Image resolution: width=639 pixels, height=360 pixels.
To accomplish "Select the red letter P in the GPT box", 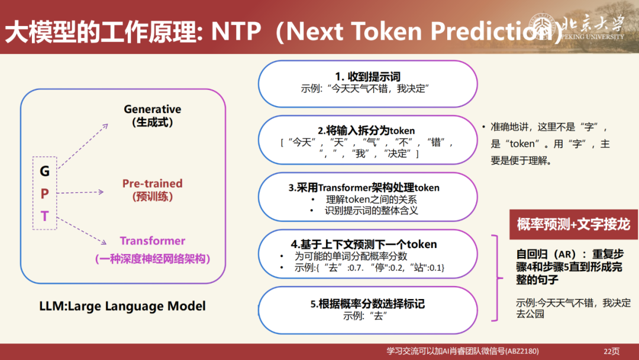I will pyautogui.click(x=45, y=194).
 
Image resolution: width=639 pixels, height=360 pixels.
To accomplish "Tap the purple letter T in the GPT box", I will pyautogui.click(x=45, y=217).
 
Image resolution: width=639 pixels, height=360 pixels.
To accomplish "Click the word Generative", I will pyautogui.click(x=152, y=110).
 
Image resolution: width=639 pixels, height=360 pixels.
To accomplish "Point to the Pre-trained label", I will pyautogui.click(x=152, y=184).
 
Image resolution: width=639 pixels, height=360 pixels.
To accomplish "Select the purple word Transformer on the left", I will pyautogui.click(x=152, y=241).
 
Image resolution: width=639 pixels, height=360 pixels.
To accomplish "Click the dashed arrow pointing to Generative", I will pyautogui.click(x=83, y=146).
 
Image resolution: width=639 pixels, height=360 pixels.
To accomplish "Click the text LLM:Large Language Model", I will pyautogui.click(x=122, y=306).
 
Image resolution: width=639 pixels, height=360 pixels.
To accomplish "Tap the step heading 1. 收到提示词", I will pyautogui.click(x=367, y=77).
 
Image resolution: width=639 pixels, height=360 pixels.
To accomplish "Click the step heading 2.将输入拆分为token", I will pyautogui.click(x=366, y=130).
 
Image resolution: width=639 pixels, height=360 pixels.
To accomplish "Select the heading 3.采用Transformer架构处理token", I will pyautogui.click(x=364, y=188).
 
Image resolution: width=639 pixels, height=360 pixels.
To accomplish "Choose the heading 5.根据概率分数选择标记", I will pyautogui.click(x=367, y=304).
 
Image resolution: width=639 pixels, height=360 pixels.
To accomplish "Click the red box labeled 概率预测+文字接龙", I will pyautogui.click(x=573, y=224).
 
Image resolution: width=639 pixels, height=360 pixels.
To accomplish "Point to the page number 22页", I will pyautogui.click(x=611, y=351).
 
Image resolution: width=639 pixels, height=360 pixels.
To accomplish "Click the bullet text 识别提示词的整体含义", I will pyautogui.click(x=371, y=210).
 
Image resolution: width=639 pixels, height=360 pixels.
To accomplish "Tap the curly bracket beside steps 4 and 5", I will pyautogui.click(x=496, y=278).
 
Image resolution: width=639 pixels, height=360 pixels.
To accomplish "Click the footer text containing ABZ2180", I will pyautogui.click(x=462, y=351).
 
